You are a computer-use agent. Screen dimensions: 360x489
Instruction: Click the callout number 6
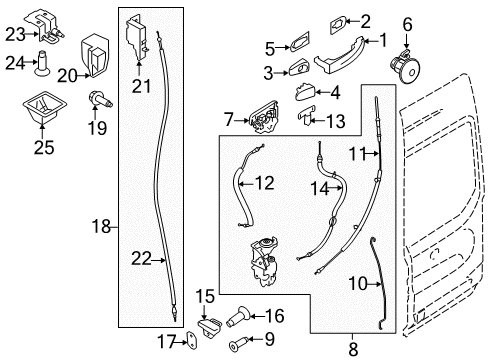[x=406, y=22]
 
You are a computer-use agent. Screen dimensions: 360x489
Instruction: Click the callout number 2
[x=365, y=20]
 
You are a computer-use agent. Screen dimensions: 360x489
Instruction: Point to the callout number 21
[x=141, y=87]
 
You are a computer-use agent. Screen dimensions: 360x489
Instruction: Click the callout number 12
[x=263, y=183]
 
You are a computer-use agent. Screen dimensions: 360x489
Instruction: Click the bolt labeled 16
[x=243, y=319]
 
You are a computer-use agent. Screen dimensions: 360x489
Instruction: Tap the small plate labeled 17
[x=190, y=342]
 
